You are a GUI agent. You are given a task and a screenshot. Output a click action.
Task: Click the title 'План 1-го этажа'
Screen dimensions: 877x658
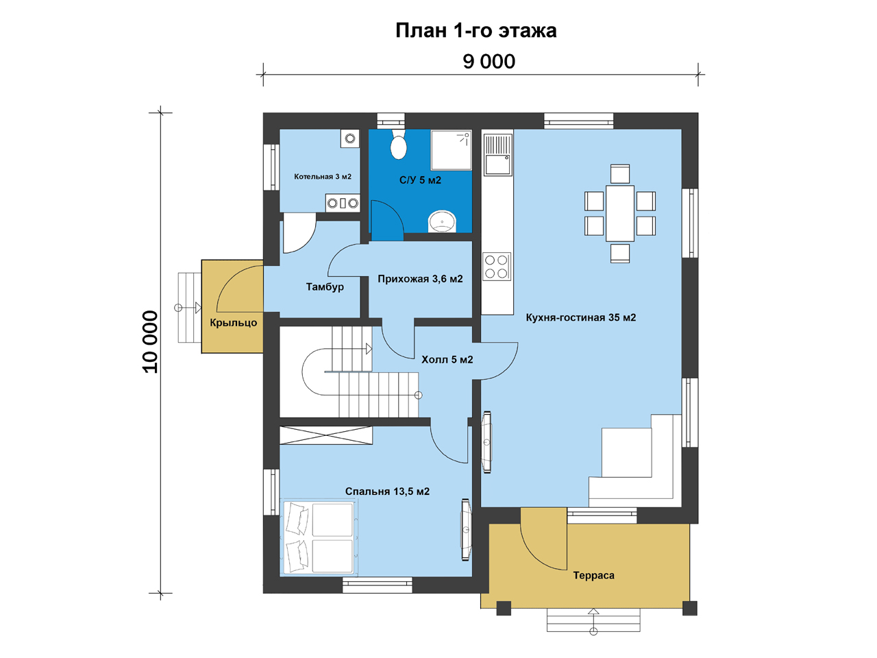point(475,31)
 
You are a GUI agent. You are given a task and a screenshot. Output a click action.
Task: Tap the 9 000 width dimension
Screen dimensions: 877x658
point(489,62)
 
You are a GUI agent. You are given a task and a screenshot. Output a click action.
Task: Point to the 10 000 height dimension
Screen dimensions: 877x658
point(151,341)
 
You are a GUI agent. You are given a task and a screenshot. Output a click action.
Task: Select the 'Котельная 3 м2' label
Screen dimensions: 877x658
point(323,177)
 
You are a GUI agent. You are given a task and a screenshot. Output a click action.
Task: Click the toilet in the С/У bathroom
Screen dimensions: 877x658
point(398,145)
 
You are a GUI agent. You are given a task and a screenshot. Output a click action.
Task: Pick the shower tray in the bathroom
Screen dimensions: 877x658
point(451,150)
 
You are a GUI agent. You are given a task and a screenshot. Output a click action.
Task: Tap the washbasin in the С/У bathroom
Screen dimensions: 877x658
point(442,221)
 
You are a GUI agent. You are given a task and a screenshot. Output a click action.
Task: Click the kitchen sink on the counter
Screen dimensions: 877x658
point(497,155)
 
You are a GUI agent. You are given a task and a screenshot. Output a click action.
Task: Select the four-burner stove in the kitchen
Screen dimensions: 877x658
point(496,267)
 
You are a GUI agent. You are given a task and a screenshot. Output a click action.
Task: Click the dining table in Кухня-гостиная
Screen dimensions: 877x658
point(619,213)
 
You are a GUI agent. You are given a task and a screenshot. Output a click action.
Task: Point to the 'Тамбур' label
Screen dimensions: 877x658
point(325,287)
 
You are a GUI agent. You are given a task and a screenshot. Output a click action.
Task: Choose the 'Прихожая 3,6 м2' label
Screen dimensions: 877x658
point(420,279)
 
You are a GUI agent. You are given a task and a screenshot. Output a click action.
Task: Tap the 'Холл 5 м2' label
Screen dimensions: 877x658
point(447,360)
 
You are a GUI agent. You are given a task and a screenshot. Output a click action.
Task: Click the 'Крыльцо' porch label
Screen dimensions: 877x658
point(234,323)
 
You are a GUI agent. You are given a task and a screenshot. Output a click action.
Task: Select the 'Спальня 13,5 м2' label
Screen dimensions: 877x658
point(387,491)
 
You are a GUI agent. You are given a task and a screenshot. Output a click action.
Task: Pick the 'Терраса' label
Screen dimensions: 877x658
point(593,575)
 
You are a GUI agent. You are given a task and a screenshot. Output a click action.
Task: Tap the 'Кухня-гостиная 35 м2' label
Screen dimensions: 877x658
point(580,317)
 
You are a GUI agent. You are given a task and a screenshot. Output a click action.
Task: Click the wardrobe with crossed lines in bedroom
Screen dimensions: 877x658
point(326,435)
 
